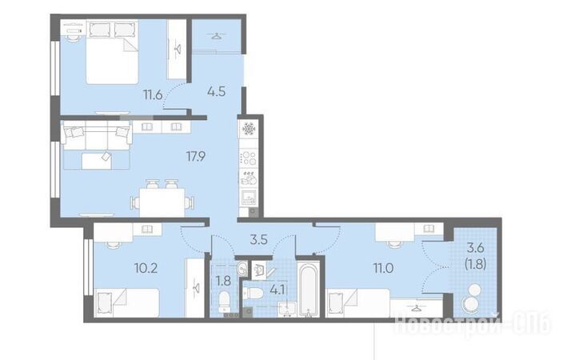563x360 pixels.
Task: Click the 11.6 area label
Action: pos(153,95)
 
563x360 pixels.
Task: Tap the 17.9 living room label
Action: pos(196,156)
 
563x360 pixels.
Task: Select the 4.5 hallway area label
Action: pos(217,91)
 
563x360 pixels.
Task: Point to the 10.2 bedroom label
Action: pos(146,268)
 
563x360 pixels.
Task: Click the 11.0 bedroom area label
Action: pos(384,268)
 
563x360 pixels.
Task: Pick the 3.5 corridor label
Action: pos(259,240)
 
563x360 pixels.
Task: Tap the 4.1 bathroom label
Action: pos(278,290)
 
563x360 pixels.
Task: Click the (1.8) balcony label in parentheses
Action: pos(475,264)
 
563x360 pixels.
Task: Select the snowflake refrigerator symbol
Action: pos(249,128)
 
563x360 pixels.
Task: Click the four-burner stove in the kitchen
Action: pos(249,158)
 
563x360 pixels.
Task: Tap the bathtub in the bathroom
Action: pos(309,290)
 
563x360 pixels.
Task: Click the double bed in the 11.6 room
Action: pos(112,52)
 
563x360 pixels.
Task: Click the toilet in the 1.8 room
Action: pos(225,301)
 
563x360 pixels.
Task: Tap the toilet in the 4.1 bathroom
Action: pos(254,294)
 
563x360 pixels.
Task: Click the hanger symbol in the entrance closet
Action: pos(216,35)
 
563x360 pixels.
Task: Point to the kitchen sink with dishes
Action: pos(249,178)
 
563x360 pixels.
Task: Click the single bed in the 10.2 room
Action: pos(126,302)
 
